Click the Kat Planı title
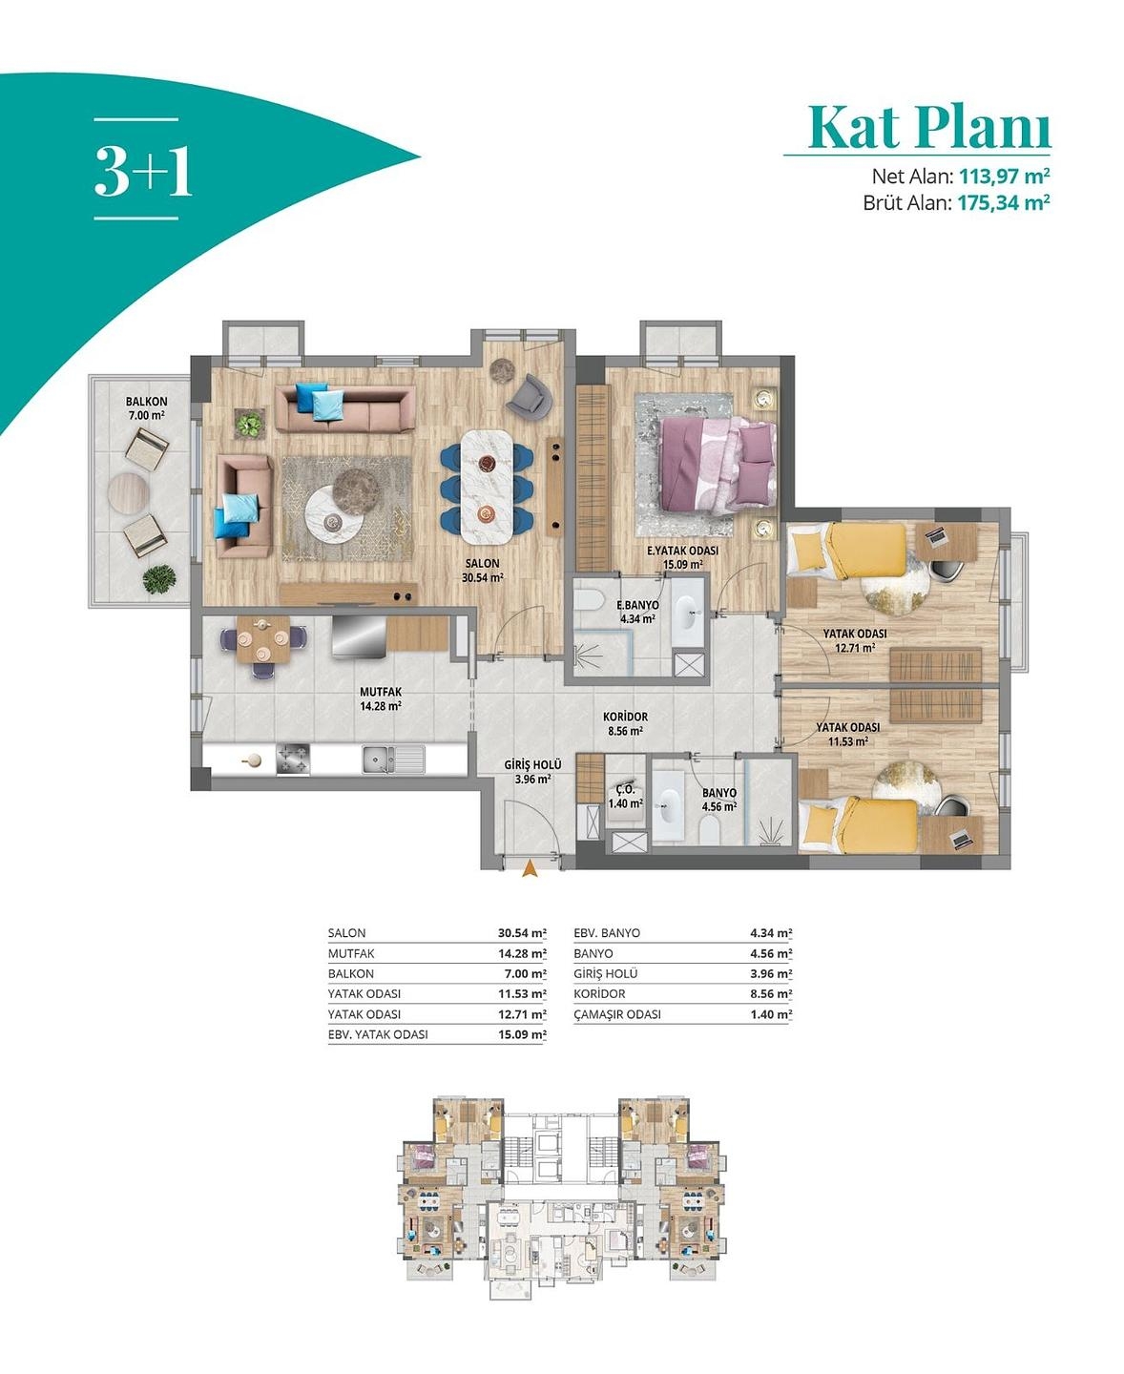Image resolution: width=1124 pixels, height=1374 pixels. point(927,127)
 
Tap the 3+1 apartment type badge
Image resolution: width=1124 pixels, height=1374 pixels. point(142,171)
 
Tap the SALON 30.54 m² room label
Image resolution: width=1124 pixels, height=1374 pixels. point(482,570)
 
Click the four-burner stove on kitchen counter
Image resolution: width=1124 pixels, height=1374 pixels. point(294,759)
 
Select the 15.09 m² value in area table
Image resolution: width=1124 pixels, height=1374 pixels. point(521,1034)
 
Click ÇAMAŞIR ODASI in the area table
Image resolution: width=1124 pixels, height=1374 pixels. point(617,1014)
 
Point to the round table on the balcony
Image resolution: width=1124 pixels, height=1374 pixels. point(128,493)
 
